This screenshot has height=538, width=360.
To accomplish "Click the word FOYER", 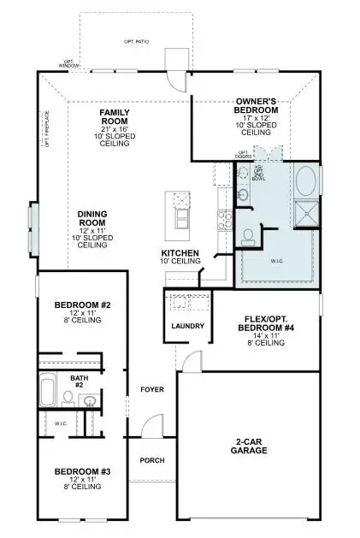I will click(151, 389).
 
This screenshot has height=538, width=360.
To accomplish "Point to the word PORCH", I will click(151, 460).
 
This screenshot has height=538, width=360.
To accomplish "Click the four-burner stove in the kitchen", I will click(224, 221).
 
